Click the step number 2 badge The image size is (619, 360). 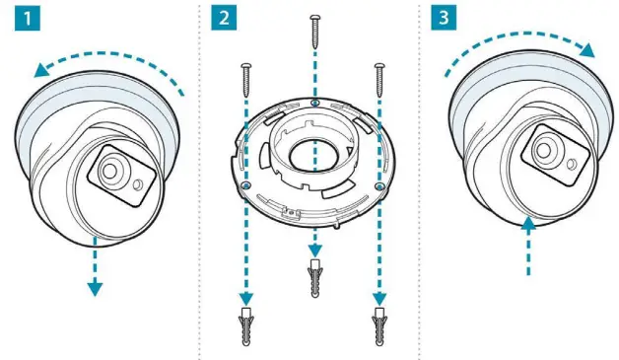click(228, 21)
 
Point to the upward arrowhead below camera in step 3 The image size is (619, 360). click(528, 224)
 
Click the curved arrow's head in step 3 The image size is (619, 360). click(588, 49)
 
